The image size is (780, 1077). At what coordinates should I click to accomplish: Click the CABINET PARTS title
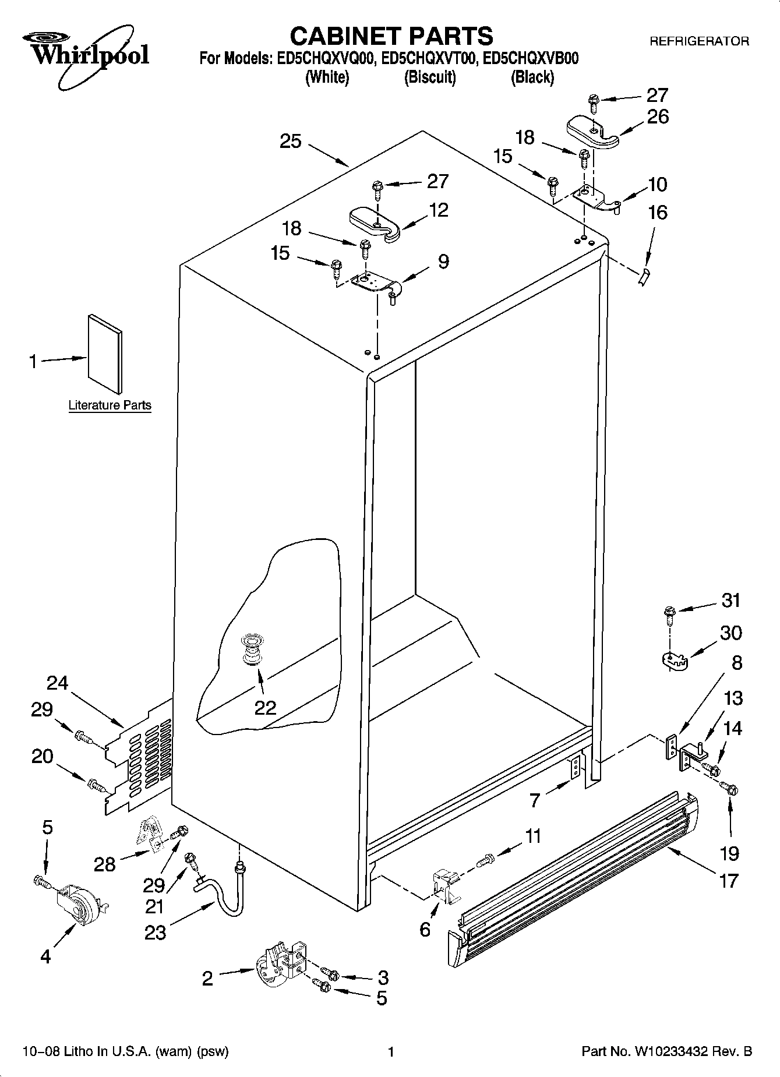tap(391, 36)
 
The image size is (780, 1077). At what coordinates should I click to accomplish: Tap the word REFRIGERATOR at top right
tap(698, 41)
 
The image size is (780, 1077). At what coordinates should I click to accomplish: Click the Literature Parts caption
tap(110, 405)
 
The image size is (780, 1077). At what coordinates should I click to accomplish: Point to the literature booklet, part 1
tap(105, 355)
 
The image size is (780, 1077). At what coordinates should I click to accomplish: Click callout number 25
tap(290, 141)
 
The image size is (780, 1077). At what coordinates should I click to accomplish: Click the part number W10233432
tap(668, 1052)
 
